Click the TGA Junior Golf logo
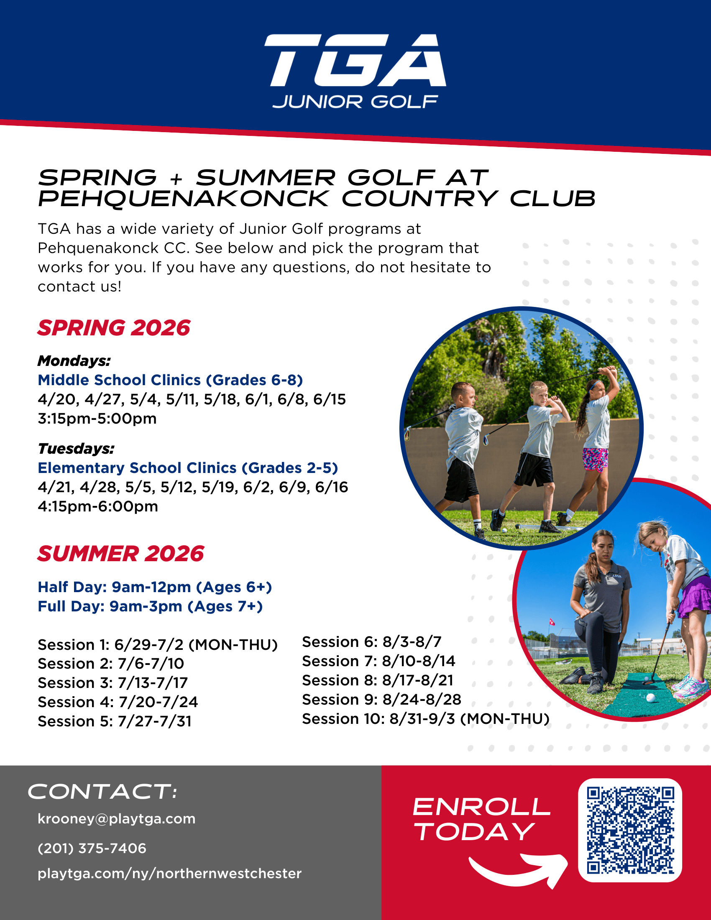pos(355,72)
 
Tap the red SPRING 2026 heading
pos(114,328)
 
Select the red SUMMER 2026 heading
pos(121,554)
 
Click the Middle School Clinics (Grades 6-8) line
pos(170,380)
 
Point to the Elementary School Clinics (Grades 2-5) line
pos(188,468)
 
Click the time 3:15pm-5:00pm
pos(97,419)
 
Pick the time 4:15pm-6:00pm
pos(98,506)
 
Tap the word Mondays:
pos(74,361)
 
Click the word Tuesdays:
pos(76,449)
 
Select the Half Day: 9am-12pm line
pos(155,587)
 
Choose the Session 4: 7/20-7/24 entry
pos(118,702)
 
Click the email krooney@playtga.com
pos(116,819)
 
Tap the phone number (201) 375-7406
pos(92,848)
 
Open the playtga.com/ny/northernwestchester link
pos(169,874)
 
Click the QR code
pos(630,830)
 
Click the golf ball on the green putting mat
pos(650,698)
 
